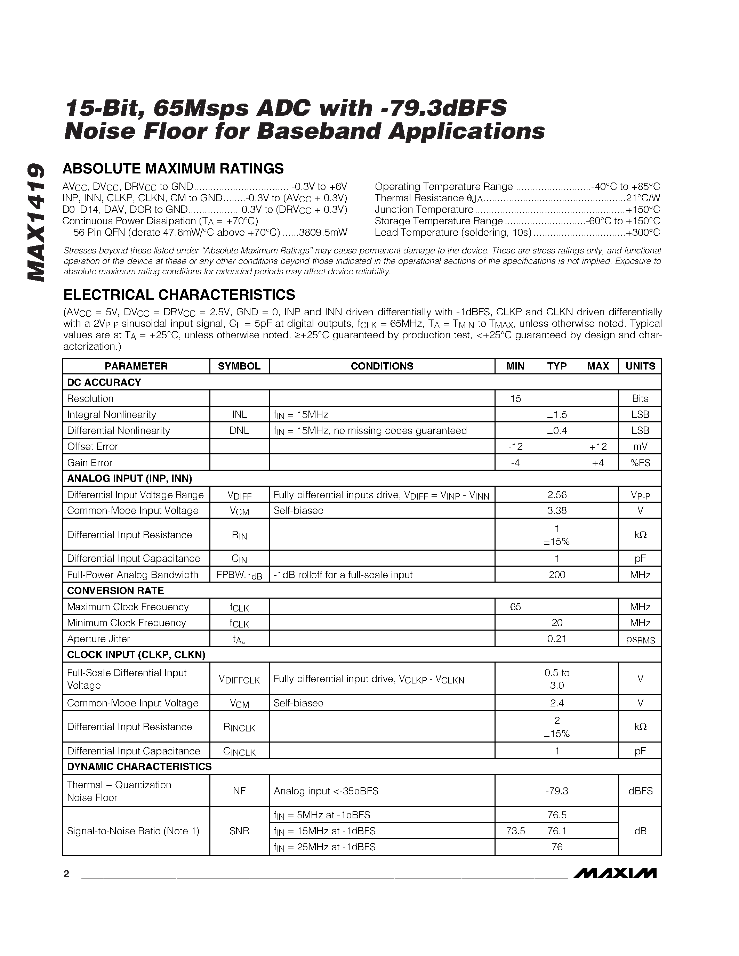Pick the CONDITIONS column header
pos(382,366)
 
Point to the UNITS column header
pos(640,366)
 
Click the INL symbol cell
pos(239,414)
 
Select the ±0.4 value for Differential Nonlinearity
pos(557,431)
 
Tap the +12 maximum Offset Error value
pos(597,446)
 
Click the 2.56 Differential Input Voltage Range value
pos(557,495)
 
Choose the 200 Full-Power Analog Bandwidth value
pos(557,575)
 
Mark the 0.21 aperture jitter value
pos(557,639)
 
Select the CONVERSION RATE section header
pos(115,591)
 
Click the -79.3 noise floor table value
pos(557,791)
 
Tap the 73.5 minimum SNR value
pos(515,831)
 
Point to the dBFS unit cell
pos(640,791)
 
